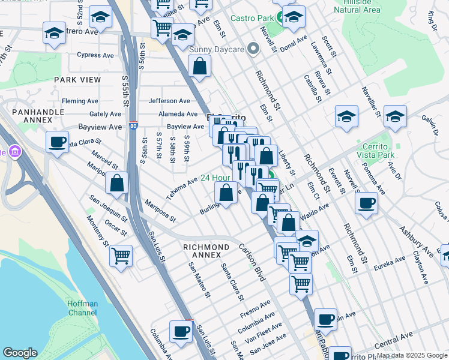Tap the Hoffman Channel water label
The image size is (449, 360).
click(x=82, y=308)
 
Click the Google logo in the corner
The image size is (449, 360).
click(x=20, y=353)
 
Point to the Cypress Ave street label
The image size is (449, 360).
click(x=95, y=55)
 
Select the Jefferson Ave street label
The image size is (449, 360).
click(x=169, y=101)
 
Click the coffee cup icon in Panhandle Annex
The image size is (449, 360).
click(x=58, y=142)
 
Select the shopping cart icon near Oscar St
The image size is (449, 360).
click(x=121, y=256)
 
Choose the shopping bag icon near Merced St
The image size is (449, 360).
click(x=117, y=184)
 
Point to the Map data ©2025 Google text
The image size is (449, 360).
click(x=411, y=355)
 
